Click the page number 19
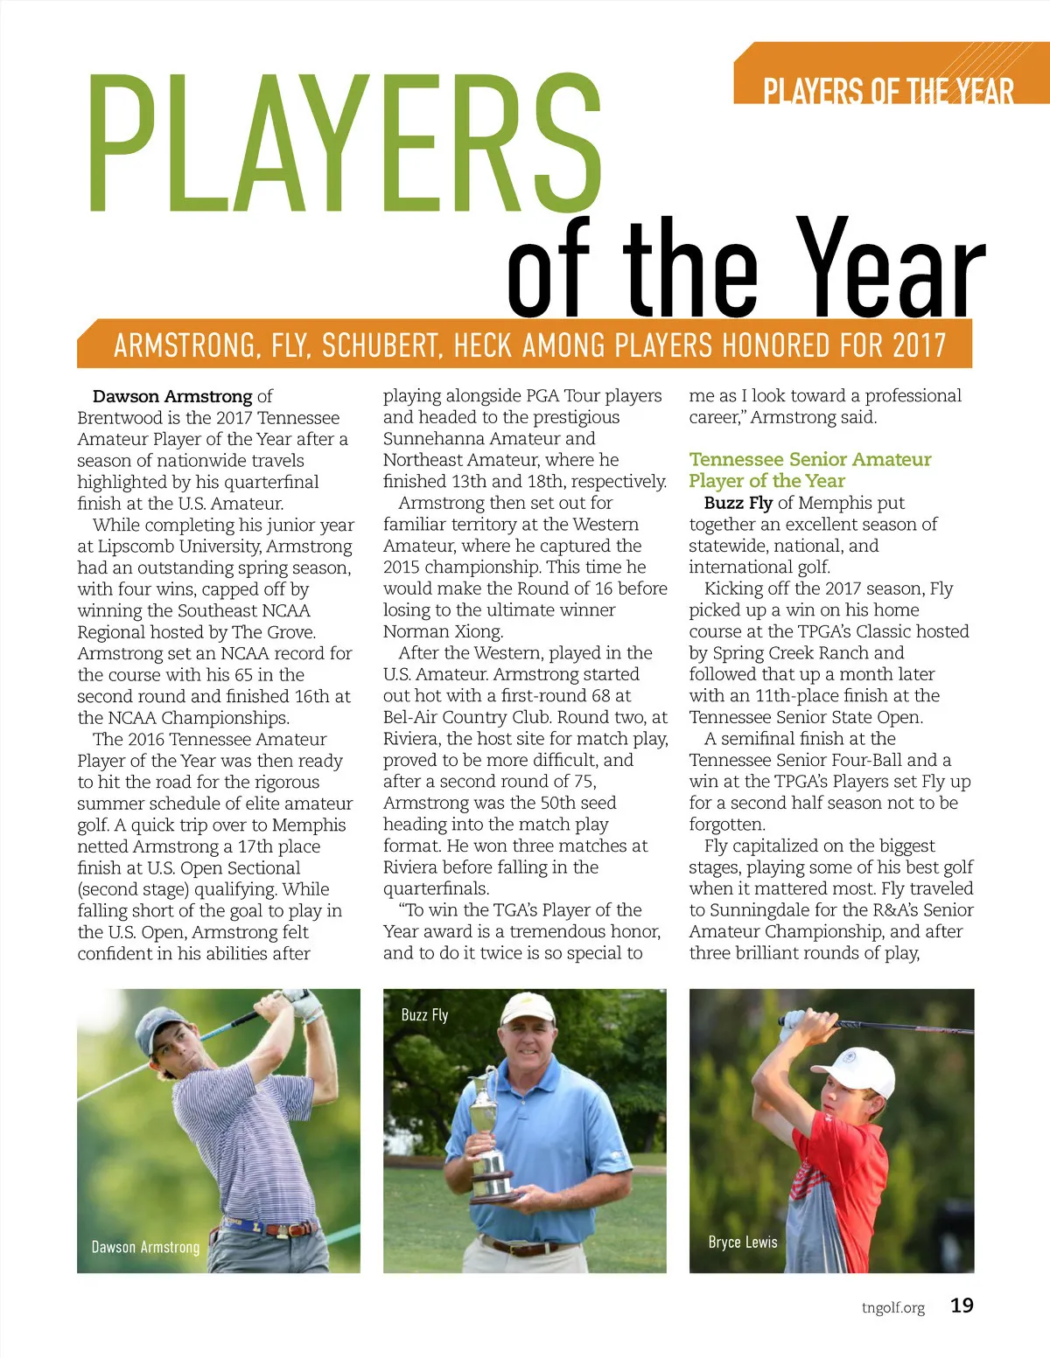(962, 1306)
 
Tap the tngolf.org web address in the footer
(892, 1308)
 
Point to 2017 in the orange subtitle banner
(919, 345)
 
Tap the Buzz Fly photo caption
(424, 1014)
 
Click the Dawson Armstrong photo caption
(145, 1247)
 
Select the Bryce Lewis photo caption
(742, 1242)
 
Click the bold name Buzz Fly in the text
(738, 503)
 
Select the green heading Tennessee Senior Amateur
(809, 459)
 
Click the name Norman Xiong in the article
(443, 631)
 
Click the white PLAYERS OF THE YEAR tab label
(887, 91)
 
